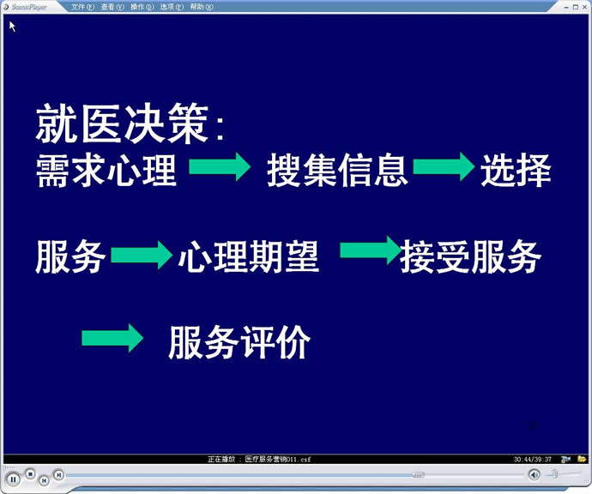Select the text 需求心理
[106, 170]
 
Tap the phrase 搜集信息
[337, 170]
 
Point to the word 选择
[516, 170]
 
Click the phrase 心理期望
[249, 256]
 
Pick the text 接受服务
[470, 256]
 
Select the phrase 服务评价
[239, 342]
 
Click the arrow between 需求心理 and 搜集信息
[220, 166]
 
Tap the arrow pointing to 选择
[444, 166]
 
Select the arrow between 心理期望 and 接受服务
[371, 250]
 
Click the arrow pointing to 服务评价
[112, 338]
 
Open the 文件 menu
[82, 7]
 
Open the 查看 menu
[112, 7]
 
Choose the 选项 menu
[172, 7]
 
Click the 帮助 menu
[202, 7]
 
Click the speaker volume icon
[534, 475]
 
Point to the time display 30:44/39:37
[532, 460]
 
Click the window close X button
[584, 7]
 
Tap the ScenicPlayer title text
[29, 7]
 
